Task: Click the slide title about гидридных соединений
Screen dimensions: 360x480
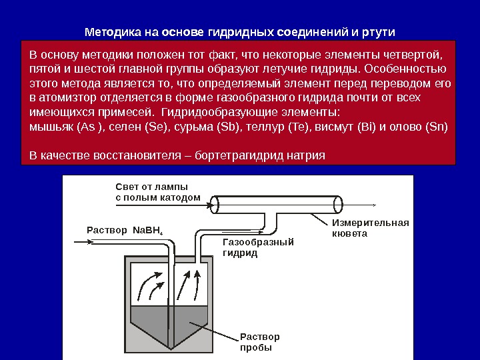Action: tap(240, 32)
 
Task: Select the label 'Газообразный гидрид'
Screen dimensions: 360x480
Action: tap(257, 247)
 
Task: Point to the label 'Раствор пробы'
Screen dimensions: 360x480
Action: tap(259, 342)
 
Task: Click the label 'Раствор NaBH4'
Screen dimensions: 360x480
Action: tap(125, 231)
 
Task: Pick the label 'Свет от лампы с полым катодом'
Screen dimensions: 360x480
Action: tap(157, 192)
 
